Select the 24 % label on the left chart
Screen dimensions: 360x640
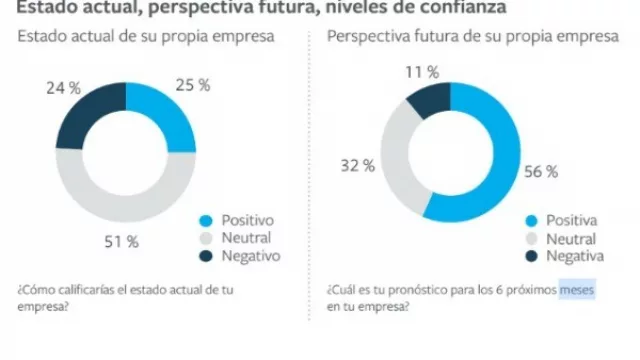click(64, 88)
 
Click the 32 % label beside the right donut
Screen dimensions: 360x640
click(357, 166)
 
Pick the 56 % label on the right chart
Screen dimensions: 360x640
click(540, 171)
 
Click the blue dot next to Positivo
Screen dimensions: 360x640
click(206, 220)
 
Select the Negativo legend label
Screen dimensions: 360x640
click(250, 256)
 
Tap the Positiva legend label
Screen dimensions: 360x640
click(571, 221)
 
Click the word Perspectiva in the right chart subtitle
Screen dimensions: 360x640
click(370, 38)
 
